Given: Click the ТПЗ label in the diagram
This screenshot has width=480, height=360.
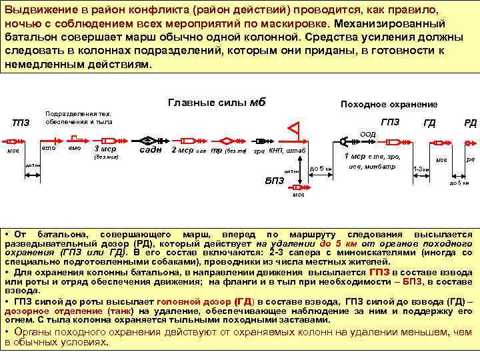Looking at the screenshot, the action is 21,123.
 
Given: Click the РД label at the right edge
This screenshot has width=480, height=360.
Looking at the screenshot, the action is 470,123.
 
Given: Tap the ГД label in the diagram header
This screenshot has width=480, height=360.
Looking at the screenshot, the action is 430,123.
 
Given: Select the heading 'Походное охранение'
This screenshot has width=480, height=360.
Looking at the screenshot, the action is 389,105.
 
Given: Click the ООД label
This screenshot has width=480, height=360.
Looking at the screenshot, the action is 367,134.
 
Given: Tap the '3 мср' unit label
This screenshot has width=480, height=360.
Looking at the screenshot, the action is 105,149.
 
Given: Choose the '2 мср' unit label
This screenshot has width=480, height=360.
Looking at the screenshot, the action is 183,150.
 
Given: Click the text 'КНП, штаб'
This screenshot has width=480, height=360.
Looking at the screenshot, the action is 287,151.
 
